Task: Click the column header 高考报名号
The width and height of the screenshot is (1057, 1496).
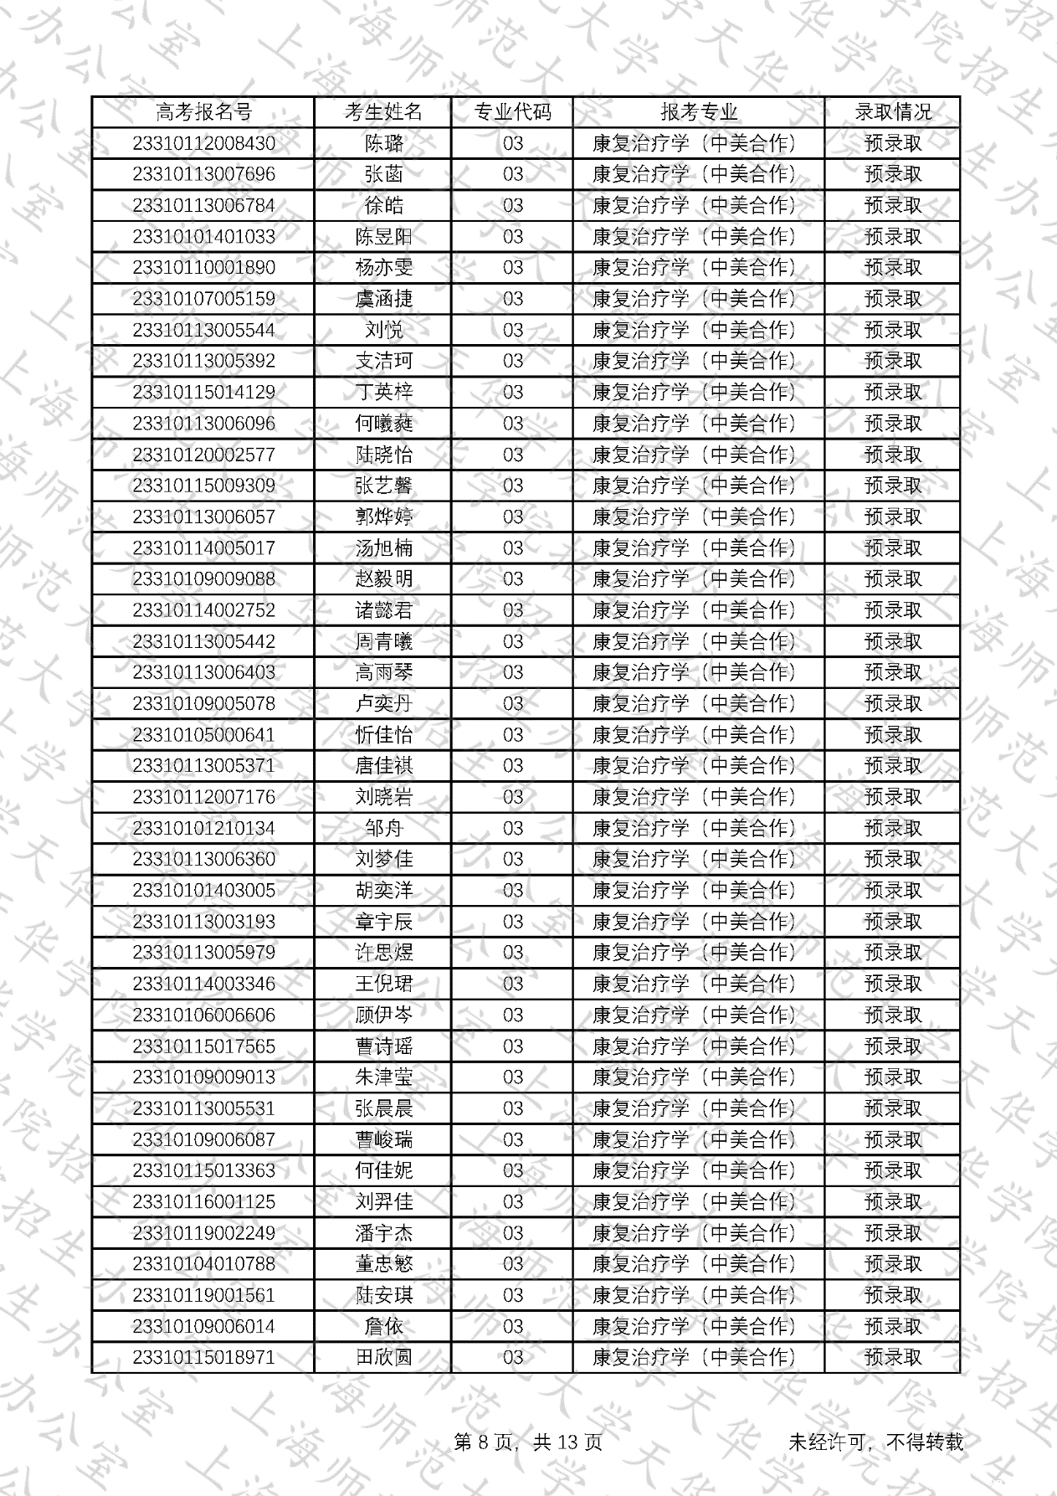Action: click(x=203, y=112)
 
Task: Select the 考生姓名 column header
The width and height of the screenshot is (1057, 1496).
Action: click(x=383, y=112)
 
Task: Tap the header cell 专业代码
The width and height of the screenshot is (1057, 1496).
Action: click(x=512, y=112)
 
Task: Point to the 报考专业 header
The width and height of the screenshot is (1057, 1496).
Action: click(x=699, y=112)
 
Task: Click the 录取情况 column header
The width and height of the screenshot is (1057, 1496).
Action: click(x=892, y=112)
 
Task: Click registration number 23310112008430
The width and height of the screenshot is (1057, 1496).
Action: click(x=203, y=143)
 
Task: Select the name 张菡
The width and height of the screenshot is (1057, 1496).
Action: click(x=383, y=174)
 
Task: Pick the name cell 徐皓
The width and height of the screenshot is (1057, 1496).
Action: click(x=383, y=206)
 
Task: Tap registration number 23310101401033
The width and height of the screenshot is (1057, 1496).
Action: click(x=203, y=237)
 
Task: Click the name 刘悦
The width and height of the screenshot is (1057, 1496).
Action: click(x=383, y=330)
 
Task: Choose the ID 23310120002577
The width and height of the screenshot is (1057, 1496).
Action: click(x=203, y=455)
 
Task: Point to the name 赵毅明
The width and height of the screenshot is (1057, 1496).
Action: click(x=383, y=579)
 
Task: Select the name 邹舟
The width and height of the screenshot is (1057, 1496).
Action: click(x=383, y=828)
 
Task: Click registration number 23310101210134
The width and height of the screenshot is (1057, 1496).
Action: click(x=203, y=828)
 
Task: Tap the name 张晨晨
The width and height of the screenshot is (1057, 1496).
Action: click(x=383, y=1108)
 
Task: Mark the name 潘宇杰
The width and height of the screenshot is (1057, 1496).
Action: click(x=383, y=1233)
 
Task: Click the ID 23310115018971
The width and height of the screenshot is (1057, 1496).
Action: click(x=203, y=1357)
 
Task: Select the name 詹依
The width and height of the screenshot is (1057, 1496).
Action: click(x=383, y=1326)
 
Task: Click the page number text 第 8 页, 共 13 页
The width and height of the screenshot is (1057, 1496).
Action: click(x=527, y=1442)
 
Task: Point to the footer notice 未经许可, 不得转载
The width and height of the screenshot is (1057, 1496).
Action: click(x=875, y=1442)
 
